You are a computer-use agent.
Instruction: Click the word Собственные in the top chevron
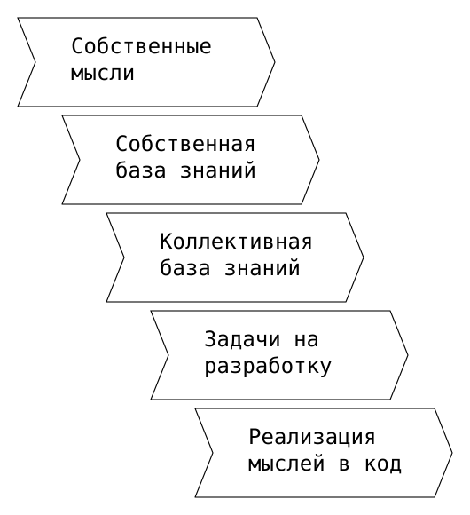(x=141, y=46)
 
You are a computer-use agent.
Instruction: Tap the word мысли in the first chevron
(x=102, y=73)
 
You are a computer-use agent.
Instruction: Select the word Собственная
(x=185, y=144)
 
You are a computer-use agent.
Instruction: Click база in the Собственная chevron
(x=141, y=170)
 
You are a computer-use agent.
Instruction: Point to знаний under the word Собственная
(x=218, y=170)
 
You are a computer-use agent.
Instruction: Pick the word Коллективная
(x=236, y=242)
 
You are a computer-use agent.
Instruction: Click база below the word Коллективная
(x=185, y=267)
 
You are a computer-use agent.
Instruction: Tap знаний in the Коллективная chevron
(x=262, y=267)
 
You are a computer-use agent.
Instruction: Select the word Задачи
(x=243, y=339)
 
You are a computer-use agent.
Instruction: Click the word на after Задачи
(x=306, y=339)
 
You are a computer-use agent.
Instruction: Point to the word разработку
(x=268, y=367)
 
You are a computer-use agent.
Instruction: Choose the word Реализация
(x=312, y=437)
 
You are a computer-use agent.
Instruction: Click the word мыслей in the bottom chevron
(x=286, y=463)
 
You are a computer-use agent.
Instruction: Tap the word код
(x=383, y=464)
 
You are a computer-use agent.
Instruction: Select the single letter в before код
(x=344, y=464)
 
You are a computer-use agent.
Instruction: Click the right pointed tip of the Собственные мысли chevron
(x=275, y=62)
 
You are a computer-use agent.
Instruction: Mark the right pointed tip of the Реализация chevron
(x=452, y=453)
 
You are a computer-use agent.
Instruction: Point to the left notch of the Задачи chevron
(x=168, y=355)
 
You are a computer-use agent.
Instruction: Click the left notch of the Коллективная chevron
(x=124, y=257)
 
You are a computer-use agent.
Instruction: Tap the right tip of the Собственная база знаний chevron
(x=318, y=160)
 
